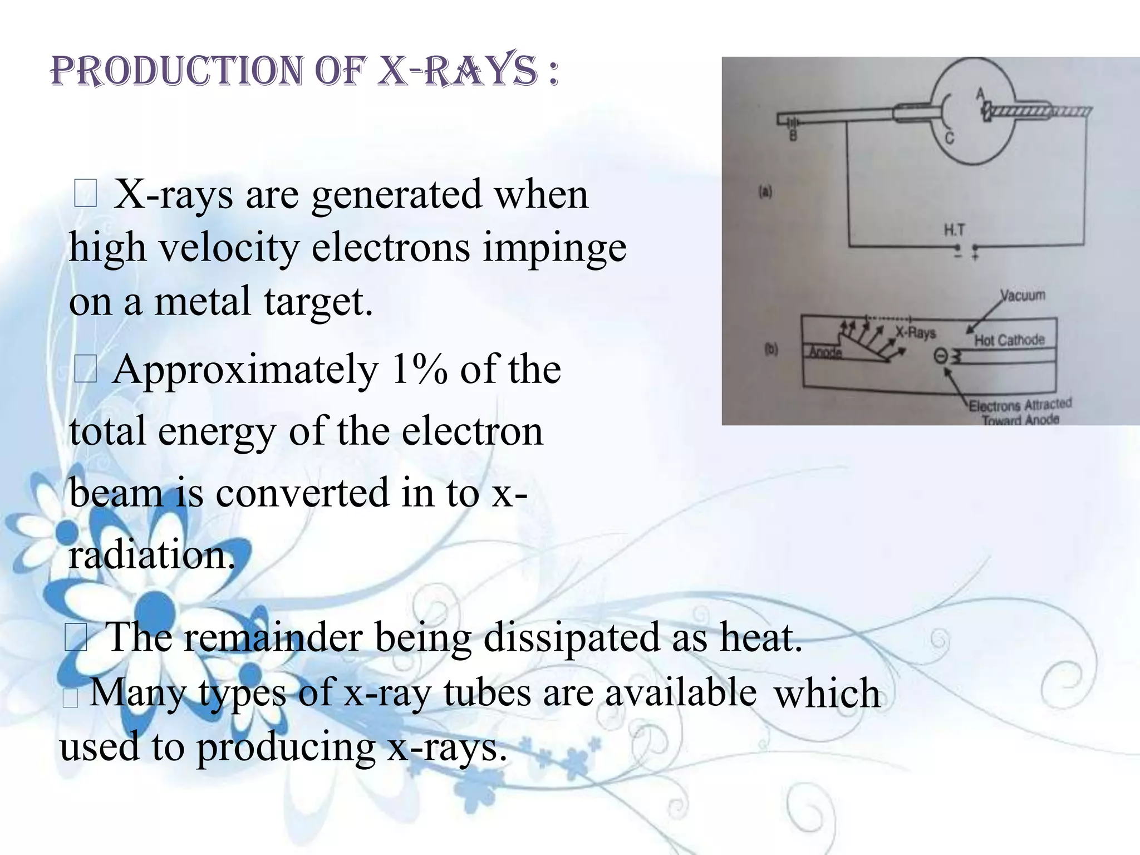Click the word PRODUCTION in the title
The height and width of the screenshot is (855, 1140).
click(177, 71)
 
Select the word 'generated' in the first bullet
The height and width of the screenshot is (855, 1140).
click(396, 195)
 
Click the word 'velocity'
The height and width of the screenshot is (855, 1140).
click(229, 247)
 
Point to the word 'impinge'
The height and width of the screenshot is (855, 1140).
click(554, 248)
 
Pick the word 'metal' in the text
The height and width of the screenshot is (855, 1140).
click(202, 301)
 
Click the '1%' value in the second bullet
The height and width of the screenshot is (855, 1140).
click(419, 370)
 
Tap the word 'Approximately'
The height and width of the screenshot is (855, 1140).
click(245, 371)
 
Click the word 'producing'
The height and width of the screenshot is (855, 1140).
click(286, 747)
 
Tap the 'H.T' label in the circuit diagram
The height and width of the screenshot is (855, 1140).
click(954, 230)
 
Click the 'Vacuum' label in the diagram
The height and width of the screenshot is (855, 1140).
click(1023, 295)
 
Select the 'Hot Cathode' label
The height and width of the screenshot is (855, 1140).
click(1009, 340)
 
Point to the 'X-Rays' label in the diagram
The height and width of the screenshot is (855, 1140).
click(916, 333)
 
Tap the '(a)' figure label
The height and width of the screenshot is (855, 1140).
click(766, 193)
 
